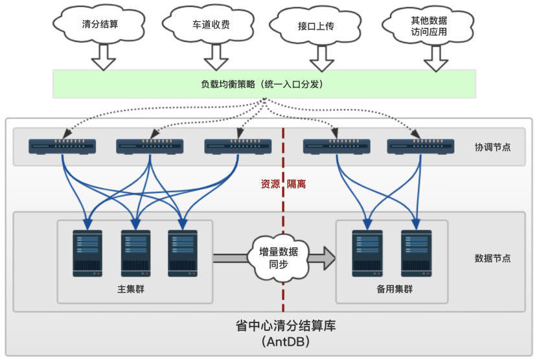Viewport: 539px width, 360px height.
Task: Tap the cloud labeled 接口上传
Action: click(315, 27)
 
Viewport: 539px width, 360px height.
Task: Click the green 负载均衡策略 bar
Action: click(264, 84)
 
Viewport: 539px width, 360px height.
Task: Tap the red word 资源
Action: click(270, 184)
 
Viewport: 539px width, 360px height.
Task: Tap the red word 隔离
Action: click(297, 184)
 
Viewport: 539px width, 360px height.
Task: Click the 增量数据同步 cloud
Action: click(278, 258)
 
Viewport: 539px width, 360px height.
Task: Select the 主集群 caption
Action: click(131, 288)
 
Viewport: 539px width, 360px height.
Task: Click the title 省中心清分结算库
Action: click(286, 326)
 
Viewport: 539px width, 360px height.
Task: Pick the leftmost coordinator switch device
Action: click(62, 147)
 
